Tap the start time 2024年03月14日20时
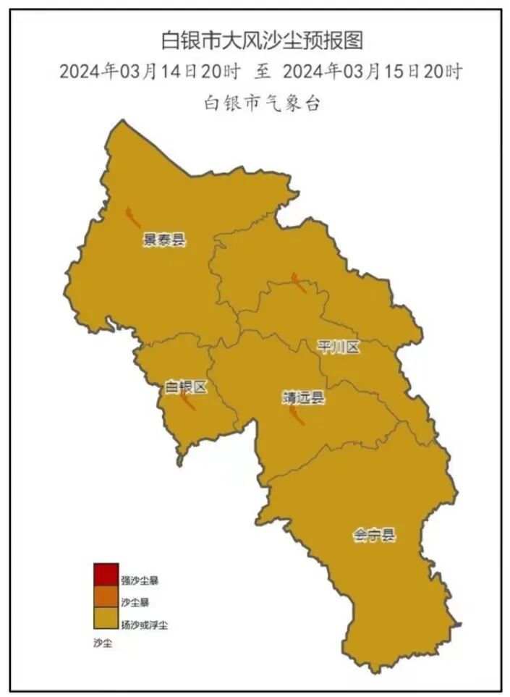(149, 72)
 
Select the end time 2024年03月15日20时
(373, 72)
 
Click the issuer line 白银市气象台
(261, 103)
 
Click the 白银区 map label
(187, 387)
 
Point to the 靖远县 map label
(304, 397)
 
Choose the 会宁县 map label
(375, 536)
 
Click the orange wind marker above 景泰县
(132, 216)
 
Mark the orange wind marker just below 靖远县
(296, 416)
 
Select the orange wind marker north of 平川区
(298, 282)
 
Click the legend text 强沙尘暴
(140, 580)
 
